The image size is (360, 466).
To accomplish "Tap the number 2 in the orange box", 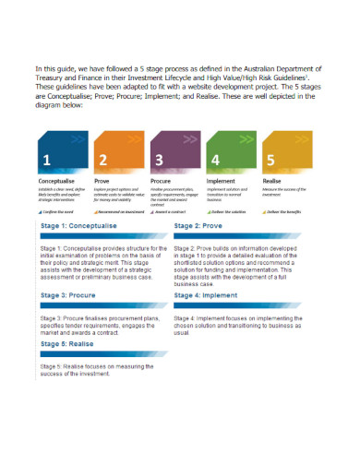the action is (102, 160).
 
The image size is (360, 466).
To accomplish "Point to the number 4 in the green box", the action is (214, 160).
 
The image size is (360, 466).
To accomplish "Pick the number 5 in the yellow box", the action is (270, 160).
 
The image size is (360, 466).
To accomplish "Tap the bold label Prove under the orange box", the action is (102, 181).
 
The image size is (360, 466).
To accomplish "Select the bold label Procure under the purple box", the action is (162, 181).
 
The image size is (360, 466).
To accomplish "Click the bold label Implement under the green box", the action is (223, 181).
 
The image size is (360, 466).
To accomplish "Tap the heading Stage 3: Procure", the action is (69, 295).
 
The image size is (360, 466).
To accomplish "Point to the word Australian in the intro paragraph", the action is (259, 68).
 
